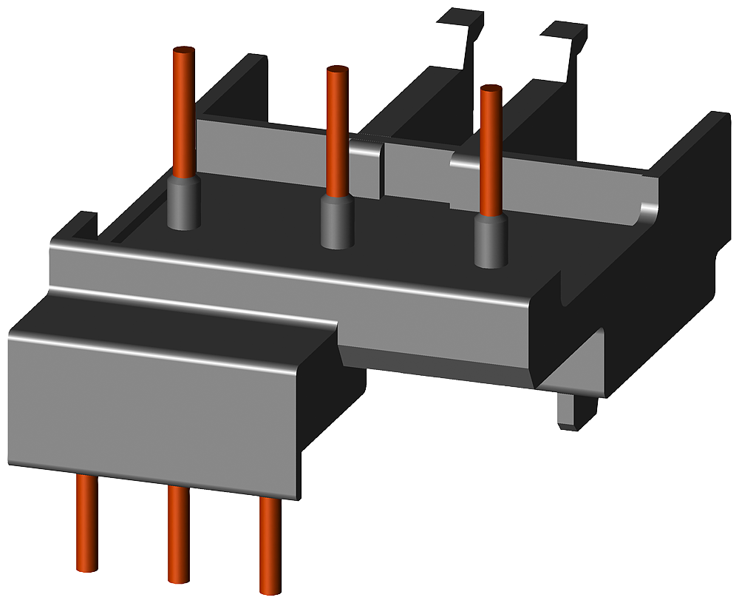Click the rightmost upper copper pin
pyautogui.click(x=491, y=152)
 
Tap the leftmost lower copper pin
pyautogui.click(x=87, y=522)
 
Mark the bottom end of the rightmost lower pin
pyautogui.click(x=270, y=589)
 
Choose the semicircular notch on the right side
pyautogui.click(x=566, y=292)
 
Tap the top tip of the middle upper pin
pyautogui.click(x=337, y=70)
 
